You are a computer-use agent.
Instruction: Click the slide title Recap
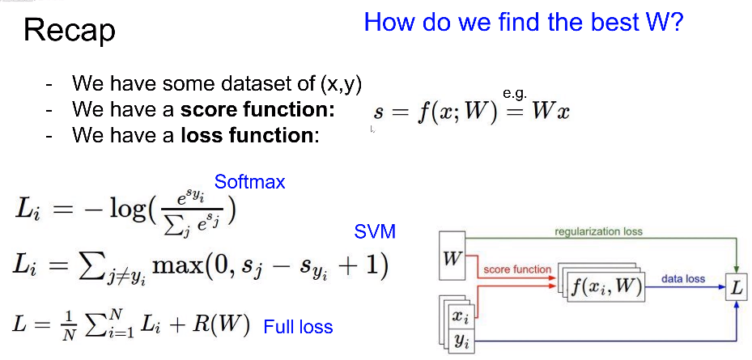(70, 32)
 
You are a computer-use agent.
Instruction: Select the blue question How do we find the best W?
(524, 21)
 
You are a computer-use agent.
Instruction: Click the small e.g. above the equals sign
(514, 95)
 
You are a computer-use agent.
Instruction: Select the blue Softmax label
(249, 182)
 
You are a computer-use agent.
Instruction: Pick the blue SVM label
(375, 232)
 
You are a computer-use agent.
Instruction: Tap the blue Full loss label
(298, 327)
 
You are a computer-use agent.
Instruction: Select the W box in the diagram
(452, 259)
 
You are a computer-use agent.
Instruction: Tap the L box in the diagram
(736, 287)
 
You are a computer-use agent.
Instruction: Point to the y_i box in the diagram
(461, 340)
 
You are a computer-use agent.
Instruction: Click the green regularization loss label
(598, 231)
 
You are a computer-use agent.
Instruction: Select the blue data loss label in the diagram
(683, 278)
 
